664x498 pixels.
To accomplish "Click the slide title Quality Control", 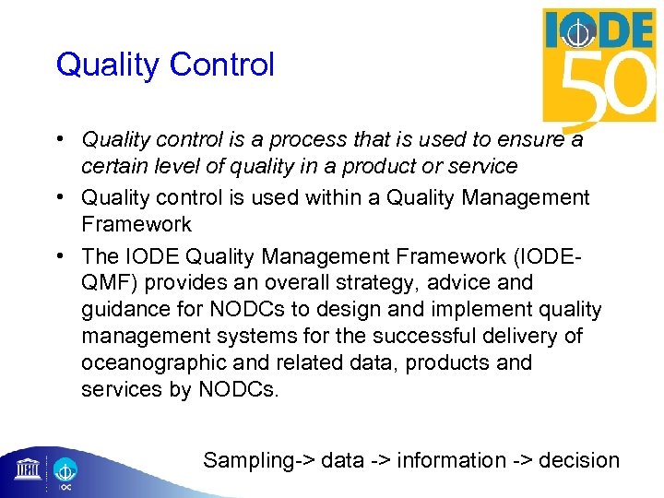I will pyautogui.click(x=165, y=65).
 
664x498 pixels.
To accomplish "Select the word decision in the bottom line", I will pyautogui.click(x=579, y=460).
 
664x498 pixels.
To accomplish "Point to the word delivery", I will pyautogui.click(x=529, y=336).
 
